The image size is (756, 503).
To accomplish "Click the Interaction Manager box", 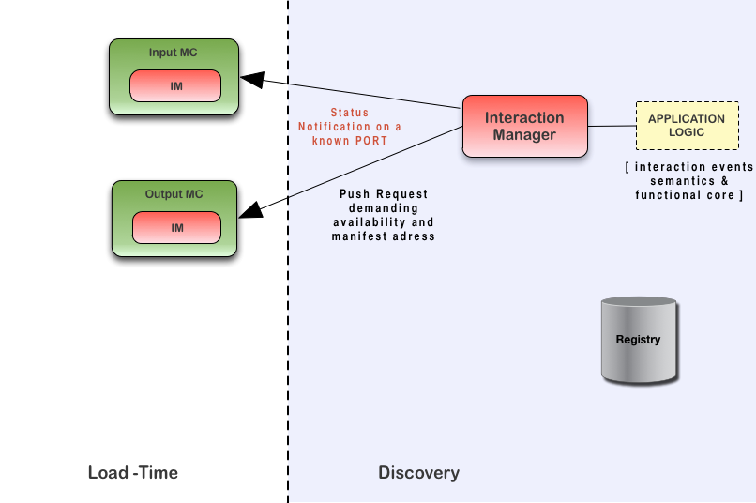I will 524,126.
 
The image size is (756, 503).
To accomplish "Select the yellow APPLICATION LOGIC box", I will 686,126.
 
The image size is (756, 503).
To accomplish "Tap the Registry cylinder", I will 638,340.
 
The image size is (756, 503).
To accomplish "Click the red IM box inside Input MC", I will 176,86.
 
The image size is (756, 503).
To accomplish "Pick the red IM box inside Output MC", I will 176,228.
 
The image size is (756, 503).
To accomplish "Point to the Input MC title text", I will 174,53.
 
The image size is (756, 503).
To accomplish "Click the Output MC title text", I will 174,194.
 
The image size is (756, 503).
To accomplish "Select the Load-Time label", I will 132,472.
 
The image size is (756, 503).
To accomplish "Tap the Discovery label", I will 418,472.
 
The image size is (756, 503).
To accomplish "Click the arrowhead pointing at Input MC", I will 254,80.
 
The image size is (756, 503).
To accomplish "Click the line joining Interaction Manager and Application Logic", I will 612,126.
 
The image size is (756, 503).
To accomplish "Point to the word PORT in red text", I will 368,140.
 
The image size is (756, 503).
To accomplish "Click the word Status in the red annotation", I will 349,113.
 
